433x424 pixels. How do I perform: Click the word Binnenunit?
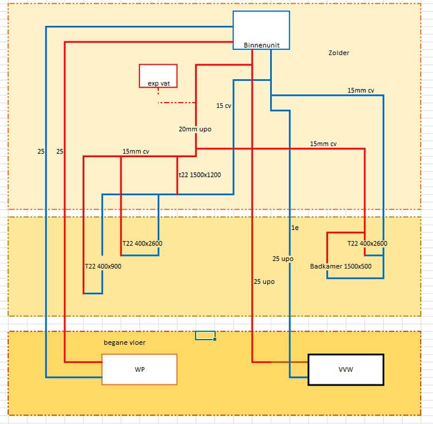(x=261, y=45)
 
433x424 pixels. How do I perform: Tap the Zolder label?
(x=338, y=53)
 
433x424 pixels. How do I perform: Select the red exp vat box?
(x=158, y=76)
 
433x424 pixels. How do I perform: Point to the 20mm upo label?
(x=195, y=129)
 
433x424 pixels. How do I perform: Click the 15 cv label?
(x=224, y=106)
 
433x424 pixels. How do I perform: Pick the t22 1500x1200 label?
(x=200, y=175)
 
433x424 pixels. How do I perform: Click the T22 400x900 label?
(x=103, y=266)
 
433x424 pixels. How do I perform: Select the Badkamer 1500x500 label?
(x=341, y=266)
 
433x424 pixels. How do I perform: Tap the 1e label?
(x=295, y=228)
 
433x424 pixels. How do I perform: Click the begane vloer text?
(x=124, y=343)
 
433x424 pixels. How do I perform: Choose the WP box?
(x=139, y=369)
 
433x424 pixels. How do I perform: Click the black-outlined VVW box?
(x=346, y=369)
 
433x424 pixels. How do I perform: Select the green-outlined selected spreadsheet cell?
(x=205, y=335)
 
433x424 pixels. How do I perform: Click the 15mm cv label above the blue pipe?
(x=361, y=91)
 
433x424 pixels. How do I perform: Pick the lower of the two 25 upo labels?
(x=264, y=282)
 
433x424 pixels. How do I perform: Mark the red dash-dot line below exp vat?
(x=177, y=103)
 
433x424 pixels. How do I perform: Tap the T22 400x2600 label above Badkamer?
(x=367, y=243)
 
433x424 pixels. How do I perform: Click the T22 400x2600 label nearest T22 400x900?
(x=142, y=243)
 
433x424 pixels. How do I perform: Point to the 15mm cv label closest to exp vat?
(x=136, y=151)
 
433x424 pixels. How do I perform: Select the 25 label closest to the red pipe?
(x=60, y=151)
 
